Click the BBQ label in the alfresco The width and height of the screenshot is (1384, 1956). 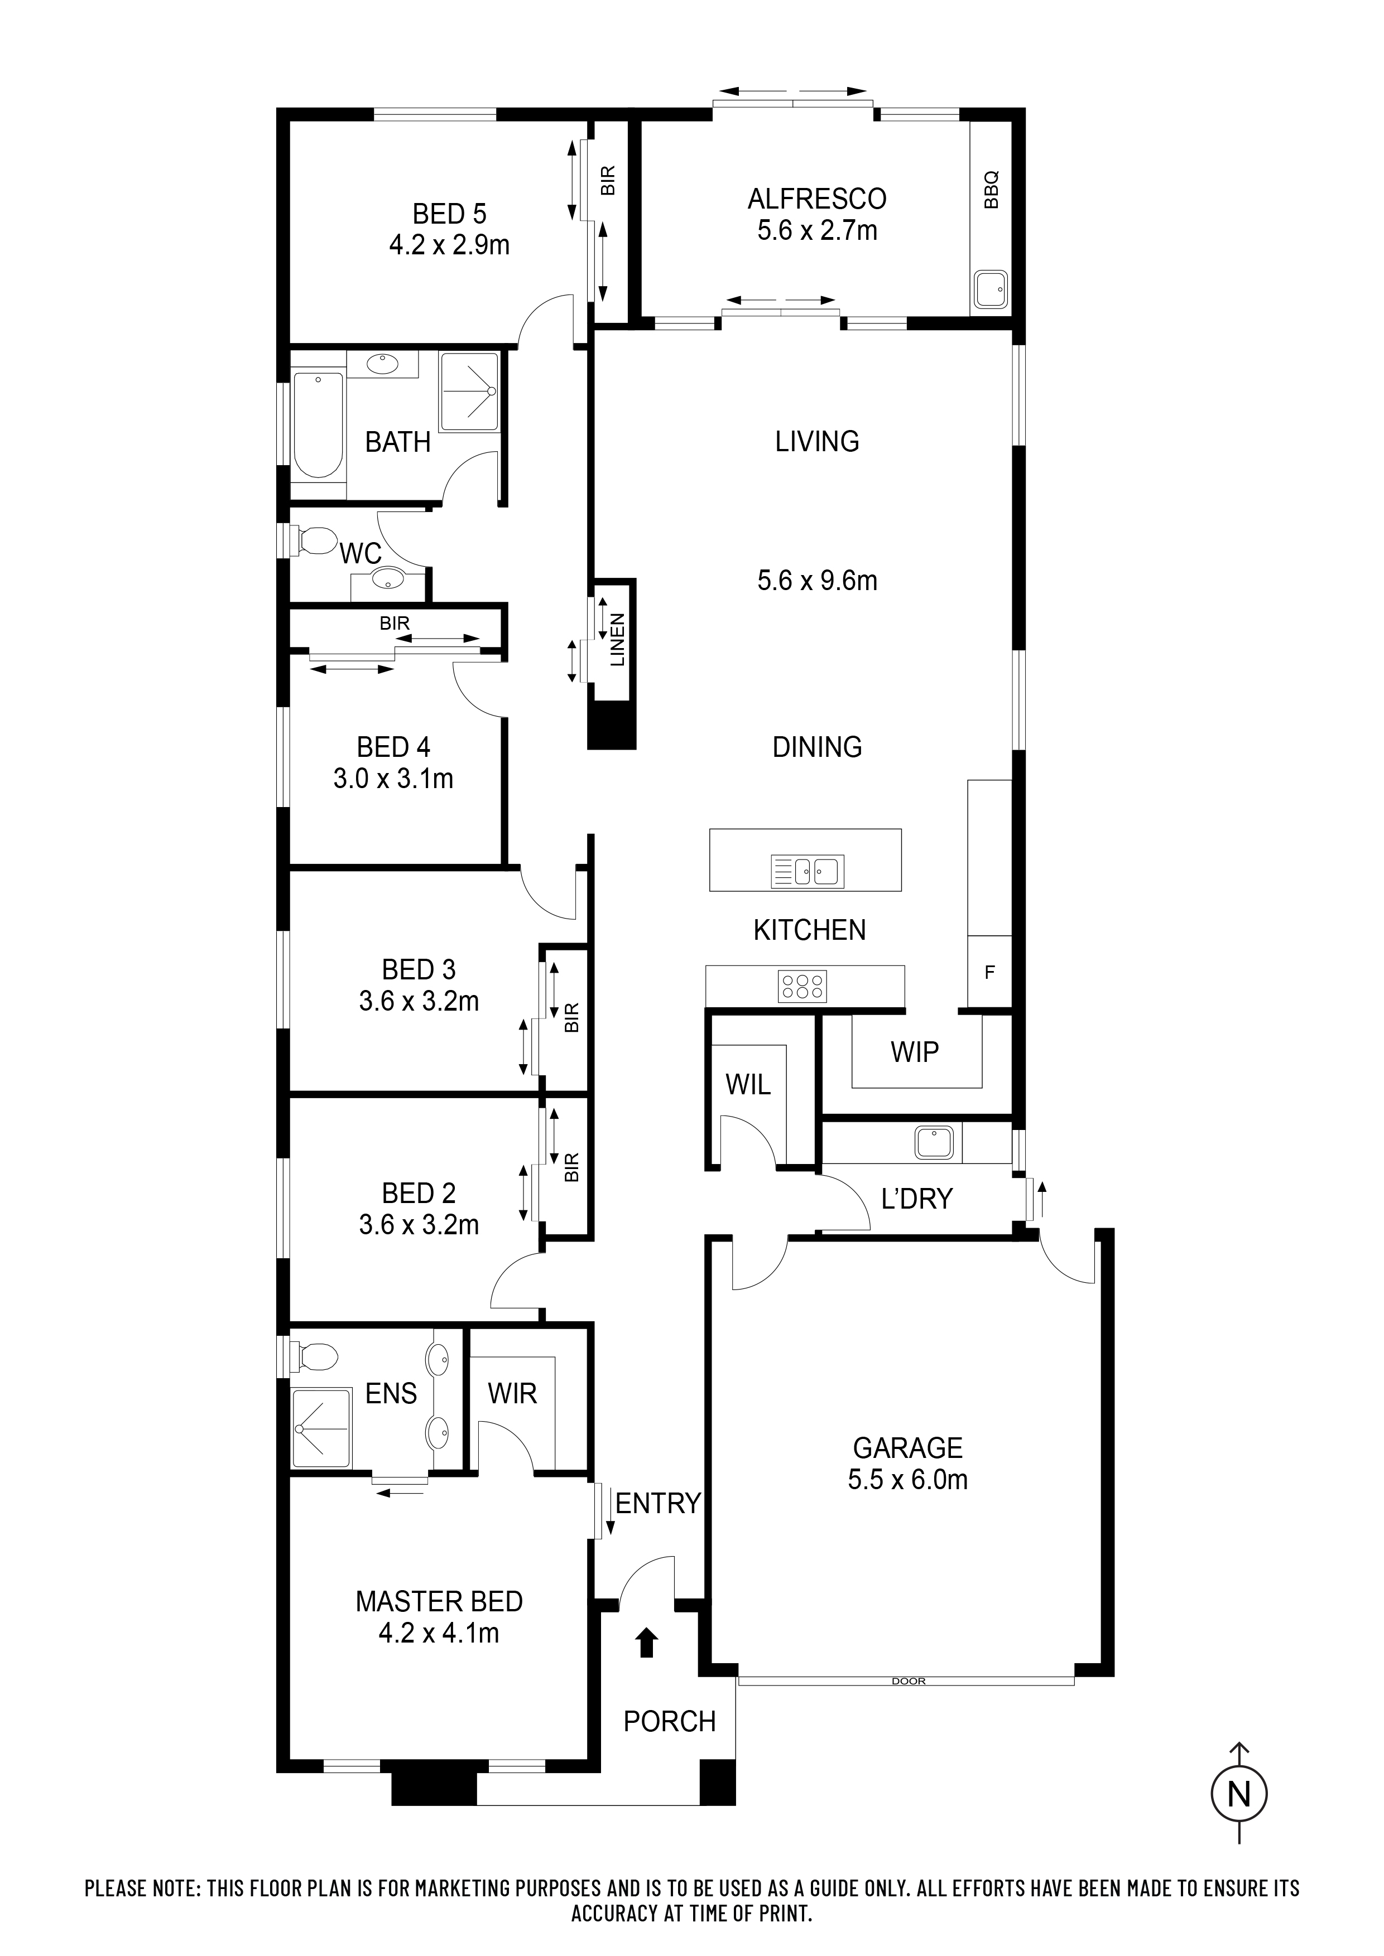(x=991, y=190)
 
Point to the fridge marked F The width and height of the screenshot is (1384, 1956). (x=989, y=972)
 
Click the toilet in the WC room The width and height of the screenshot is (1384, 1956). (x=312, y=540)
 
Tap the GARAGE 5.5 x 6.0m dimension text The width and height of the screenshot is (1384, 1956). (x=907, y=1479)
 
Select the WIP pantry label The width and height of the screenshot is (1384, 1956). (x=915, y=1052)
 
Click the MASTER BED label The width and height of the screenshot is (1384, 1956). (x=439, y=1602)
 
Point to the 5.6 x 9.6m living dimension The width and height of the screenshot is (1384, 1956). (x=816, y=581)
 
